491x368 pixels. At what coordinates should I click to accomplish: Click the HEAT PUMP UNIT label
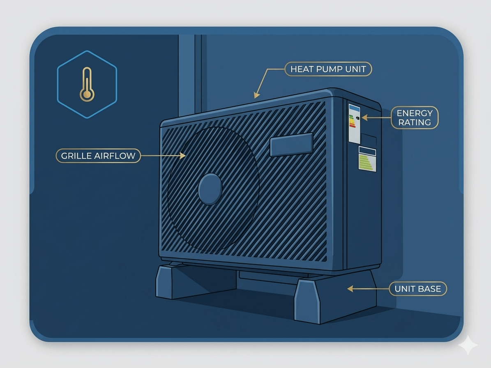pos(328,69)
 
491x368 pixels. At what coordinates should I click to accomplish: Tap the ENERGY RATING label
pos(415,117)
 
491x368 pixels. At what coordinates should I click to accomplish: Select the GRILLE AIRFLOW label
pos(98,156)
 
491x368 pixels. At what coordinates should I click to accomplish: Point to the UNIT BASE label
pos(417,289)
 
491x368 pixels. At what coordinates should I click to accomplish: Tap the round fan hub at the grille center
pos(210,189)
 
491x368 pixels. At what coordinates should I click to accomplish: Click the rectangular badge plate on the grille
pos(291,144)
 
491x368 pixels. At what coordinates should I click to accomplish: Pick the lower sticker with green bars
pos(367,159)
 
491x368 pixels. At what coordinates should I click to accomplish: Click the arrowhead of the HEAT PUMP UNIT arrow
pos(256,96)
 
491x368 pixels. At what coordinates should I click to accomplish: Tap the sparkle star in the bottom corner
pos(468,345)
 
